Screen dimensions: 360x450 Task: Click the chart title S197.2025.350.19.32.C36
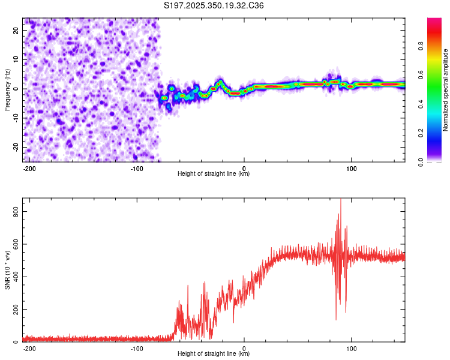[214, 6]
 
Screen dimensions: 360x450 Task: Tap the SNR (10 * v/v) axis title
[7, 271]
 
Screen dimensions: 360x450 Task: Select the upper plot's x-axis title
[214, 174]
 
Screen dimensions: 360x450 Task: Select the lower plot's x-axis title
[214, 354]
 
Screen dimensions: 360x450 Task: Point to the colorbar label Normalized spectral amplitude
[446, 89]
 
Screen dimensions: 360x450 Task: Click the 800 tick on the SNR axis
[14, 212]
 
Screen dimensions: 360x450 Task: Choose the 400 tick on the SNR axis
[14, 277]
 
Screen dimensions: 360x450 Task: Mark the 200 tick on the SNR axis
[14, 310]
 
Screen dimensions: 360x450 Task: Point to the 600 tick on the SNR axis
[14, 244]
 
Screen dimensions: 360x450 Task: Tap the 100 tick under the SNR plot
[351, 348]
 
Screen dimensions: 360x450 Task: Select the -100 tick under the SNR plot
[137, 348]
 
